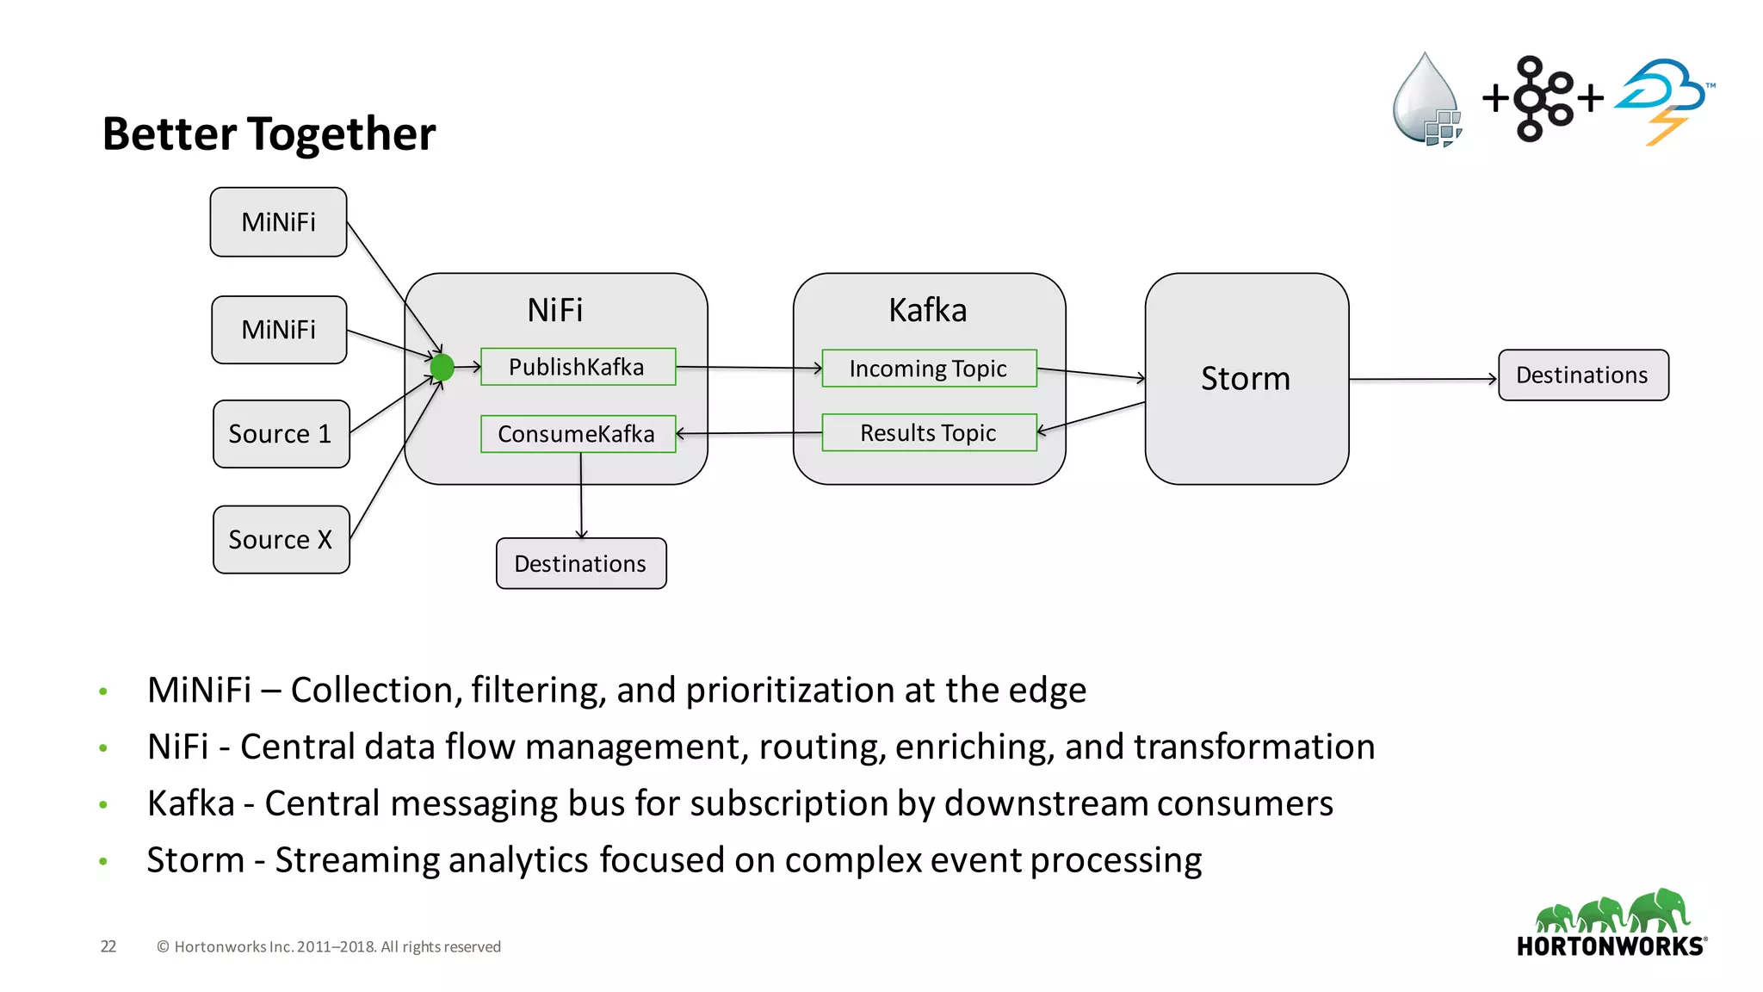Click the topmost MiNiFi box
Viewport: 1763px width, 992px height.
278,222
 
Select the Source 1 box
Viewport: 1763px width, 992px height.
281,434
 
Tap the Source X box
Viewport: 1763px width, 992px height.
281,540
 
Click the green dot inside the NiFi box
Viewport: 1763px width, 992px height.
442,368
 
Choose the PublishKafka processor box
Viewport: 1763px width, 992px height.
578,367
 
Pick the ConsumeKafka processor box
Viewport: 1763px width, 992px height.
578,434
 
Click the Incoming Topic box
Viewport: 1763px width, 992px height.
928,369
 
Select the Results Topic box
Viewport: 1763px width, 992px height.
928,433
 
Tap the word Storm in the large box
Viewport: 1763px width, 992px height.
1245,379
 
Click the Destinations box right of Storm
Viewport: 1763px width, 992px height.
1582,375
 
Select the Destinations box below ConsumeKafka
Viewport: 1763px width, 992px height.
581,564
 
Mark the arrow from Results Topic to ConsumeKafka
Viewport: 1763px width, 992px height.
749,433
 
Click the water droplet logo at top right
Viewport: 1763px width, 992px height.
1426,100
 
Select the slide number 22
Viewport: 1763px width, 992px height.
108,946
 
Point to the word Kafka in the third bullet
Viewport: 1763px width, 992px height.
190,803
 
